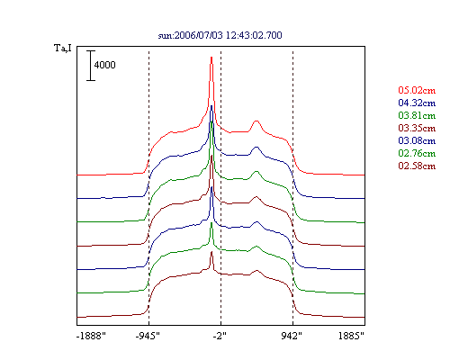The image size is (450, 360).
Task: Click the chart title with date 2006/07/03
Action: click(220, 35)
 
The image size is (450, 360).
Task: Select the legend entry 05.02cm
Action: click(417, 90)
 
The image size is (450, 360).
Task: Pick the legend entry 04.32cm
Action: click(417, 103)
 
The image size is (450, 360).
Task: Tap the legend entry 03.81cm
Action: click(417, 115)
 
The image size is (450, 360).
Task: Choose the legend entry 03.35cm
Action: click(417, 128)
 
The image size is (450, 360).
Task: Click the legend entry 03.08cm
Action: click(417, 140)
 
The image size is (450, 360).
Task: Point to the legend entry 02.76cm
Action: click(417, 153)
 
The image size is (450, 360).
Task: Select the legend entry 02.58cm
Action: click(417, 166)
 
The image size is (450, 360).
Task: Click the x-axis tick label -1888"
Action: click(91, 336)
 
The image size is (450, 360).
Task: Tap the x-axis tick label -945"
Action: click(148, 336)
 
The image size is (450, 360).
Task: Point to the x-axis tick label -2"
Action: click(220, 336)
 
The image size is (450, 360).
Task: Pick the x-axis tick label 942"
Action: click(292, 336)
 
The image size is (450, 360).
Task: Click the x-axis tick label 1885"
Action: click(351, 336)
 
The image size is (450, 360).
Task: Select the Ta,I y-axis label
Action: click(63, 48)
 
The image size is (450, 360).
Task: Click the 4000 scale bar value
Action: click(104, 65)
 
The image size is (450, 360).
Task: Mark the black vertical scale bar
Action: click(91, 66)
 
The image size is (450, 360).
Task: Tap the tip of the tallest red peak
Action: click(211, 57)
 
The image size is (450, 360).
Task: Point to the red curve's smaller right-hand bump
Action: click(256, 121)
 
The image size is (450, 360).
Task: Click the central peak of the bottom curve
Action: click(211, 252)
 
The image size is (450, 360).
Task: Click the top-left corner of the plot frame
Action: click(77, 47)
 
